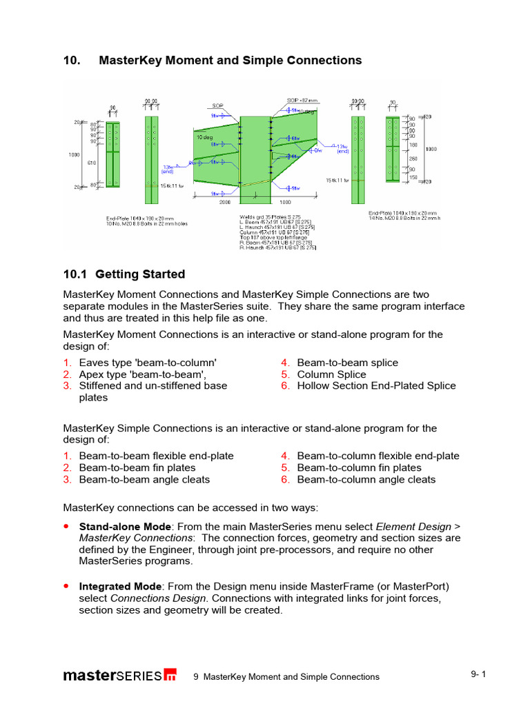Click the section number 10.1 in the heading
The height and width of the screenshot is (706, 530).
(77, 274)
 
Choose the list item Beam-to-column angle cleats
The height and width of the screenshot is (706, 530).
(366, 479)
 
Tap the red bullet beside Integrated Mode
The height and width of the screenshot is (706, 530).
(66, 586)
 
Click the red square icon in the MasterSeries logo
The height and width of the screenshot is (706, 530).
(170, 676)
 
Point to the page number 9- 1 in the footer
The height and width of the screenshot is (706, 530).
(479, 674)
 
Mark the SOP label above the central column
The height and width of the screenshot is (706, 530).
(217, 106)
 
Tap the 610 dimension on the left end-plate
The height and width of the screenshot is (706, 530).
(92, 163)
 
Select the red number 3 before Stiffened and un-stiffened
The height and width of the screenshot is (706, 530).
(67, 386)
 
